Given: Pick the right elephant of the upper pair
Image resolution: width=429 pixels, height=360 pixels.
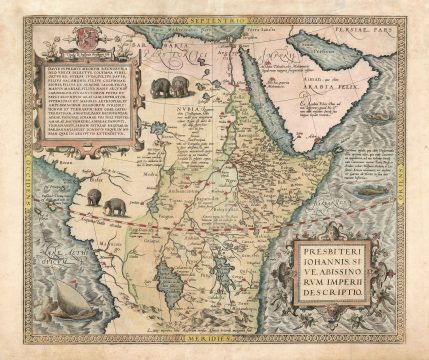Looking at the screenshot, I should [184, 87].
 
